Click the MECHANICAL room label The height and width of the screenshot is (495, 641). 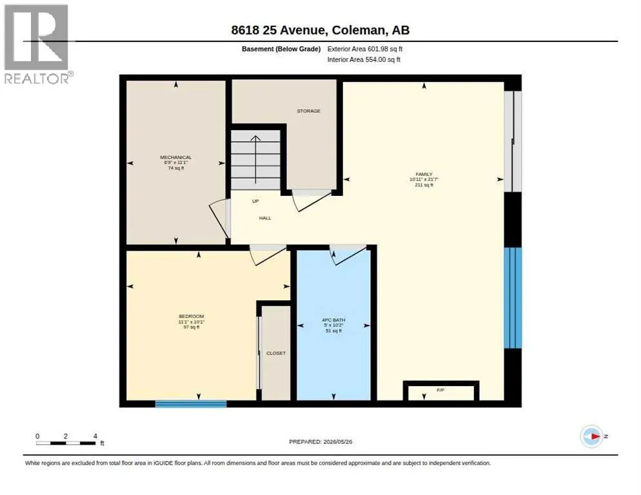coord(176,157)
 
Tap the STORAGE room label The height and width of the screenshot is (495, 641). coord(309,111)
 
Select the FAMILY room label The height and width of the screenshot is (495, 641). coord(424,174)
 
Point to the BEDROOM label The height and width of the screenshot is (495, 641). coord(192,316)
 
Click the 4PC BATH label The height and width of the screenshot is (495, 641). coord(333,320)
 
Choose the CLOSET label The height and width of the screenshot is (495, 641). coord(276,353)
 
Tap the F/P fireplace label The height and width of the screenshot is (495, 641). coord(440,391)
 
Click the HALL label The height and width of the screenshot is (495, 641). coord(265,218)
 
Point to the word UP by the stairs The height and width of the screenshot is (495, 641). coord(255,201)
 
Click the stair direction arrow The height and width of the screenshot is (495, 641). coord(255,159)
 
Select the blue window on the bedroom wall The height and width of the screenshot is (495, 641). coord(191,404)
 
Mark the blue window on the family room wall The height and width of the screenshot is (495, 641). coord(513,298)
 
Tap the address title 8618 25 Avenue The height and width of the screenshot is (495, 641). coord(279,30)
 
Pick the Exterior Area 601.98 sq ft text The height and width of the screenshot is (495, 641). coord(364,49)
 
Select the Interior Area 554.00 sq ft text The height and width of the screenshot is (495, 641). coord(364,60)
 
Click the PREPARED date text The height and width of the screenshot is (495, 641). coord(320,442)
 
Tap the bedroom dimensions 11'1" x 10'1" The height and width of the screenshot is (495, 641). coord(192,322)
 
